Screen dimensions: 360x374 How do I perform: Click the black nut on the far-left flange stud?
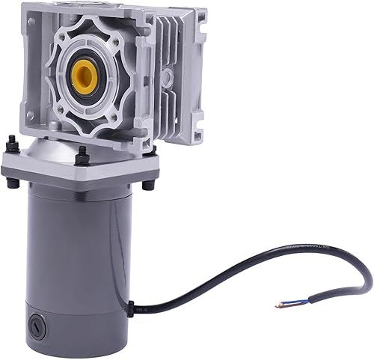click(x=13, y=144)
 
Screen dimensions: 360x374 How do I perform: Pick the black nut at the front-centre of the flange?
click(x=82, y=158)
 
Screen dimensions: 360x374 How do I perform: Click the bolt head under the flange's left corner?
click(x=13, y=181)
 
